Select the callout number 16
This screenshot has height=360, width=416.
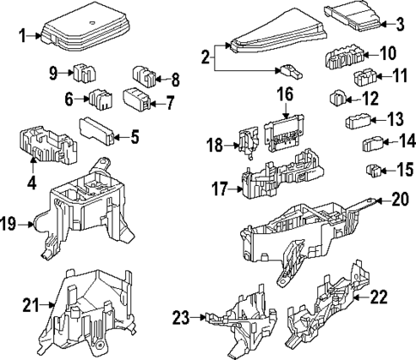click(x=285, y=94)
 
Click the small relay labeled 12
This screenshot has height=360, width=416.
click(x=338, y=99)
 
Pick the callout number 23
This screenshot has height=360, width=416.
click(x=181, y=317)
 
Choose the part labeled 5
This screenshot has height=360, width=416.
click(x=97, y=131)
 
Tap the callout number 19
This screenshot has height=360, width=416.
click(x=9, y=224)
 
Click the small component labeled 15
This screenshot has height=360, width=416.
click(x=373, y=171)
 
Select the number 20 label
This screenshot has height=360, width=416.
click(x=401, y=199)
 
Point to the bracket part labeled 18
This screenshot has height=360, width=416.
click(x=248, y=142)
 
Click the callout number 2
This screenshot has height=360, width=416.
click(x=206, y=57)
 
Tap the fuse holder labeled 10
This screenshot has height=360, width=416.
click(x=345, y=57)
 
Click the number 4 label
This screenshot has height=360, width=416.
click(x=32, y=182)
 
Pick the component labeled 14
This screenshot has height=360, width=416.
click(x=373, y=143)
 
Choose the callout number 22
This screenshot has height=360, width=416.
click(x=379, y=297)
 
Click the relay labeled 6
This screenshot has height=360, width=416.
click(x=101, y=99)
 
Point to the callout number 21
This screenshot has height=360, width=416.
click(x=31, y=305)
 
